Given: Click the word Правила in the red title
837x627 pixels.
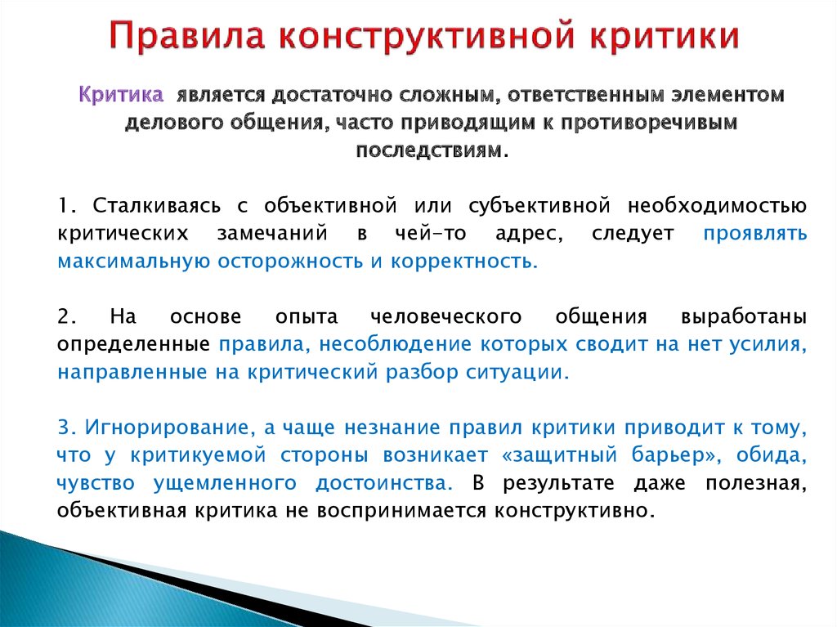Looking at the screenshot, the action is pyautogui.click(x=187, y=36).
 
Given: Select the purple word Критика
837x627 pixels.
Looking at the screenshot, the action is pyautogui.click(x=121, y=95).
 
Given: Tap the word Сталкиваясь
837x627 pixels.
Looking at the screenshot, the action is pyautogui.click(x=156, y=206).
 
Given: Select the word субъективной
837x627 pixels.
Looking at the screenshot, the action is pyautogui.click(x=539, y=206).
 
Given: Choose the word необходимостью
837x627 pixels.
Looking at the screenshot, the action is pyautogui.click(x=717, y=206).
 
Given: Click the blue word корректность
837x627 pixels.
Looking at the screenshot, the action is pyautogui.click(x=464, y=261).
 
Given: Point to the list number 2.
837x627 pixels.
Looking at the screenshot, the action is pyautogui.click(x=67, y=316).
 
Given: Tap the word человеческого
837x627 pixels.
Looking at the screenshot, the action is pyautogui.click(x=445, y=316).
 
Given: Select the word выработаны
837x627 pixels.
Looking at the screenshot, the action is pyautogui.click(x=744, y=317).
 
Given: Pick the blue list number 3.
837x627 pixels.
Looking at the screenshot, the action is pyautogui.click(x=67, y=428).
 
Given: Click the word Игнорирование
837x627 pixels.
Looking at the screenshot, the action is pyautogui.click(x=167, y=428).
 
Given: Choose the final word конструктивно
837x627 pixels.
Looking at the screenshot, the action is pyautogui.click(x=574, y=511).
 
